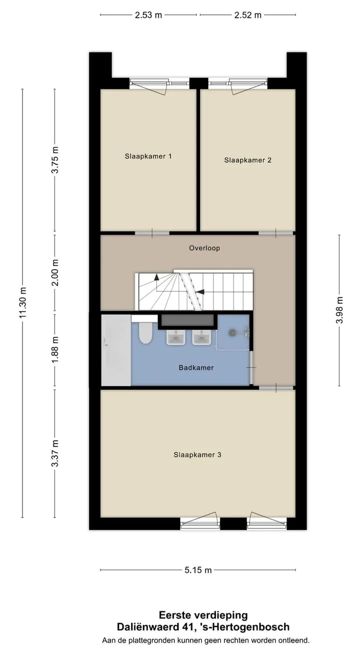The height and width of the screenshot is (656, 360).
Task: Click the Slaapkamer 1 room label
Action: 148,157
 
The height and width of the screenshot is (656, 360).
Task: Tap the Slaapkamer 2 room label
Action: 247,160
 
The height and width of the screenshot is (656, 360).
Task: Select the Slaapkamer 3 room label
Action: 197,455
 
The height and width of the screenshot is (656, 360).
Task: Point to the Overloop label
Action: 204,248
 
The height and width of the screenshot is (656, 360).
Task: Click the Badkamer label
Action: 196,368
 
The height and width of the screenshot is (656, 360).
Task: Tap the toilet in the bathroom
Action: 145,330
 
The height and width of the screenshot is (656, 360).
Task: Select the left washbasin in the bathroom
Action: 176,337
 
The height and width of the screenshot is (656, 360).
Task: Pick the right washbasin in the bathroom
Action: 201,337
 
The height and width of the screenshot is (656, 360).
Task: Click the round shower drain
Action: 232,332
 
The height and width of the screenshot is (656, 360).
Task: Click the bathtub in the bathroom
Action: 116,350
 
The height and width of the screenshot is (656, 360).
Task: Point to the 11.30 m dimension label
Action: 23,303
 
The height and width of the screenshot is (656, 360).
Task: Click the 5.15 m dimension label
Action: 198,570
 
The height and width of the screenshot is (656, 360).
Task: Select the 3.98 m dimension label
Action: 339,310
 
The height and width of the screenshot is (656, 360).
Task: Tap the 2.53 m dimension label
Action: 148,15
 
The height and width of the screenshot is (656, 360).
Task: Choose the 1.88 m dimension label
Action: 55,349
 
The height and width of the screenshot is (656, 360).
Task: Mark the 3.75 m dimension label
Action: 55,160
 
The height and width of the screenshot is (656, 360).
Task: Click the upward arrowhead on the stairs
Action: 156,277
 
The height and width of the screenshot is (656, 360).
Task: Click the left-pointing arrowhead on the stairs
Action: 200,291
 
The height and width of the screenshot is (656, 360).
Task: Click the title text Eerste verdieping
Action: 203,615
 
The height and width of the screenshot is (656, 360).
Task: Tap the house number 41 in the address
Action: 186,626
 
